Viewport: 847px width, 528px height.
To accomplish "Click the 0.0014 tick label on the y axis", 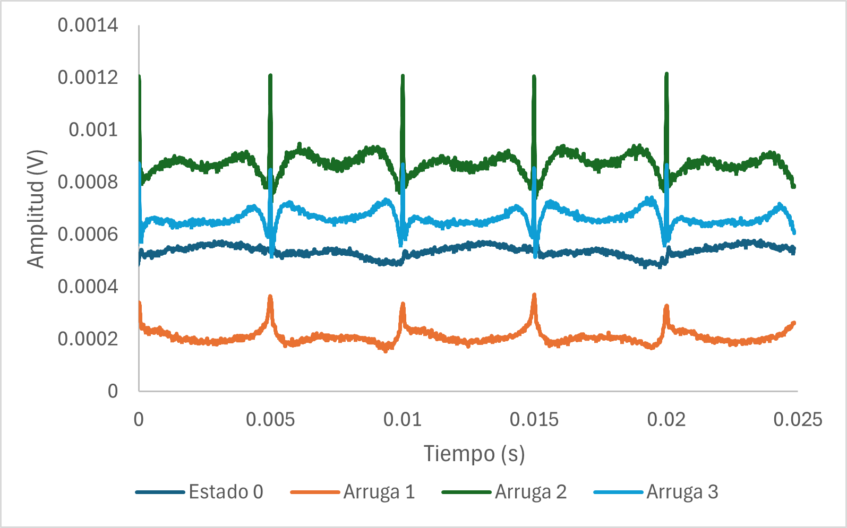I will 88,25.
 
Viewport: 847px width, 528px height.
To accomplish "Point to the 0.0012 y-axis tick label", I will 88,77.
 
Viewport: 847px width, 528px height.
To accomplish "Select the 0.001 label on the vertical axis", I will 93,129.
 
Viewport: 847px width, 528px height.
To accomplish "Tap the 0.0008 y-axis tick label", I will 88,182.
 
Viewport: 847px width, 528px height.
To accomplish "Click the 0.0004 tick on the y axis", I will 88,287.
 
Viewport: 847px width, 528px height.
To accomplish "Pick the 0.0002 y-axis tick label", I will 88,339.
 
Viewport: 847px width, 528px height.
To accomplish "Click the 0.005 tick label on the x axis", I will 270,420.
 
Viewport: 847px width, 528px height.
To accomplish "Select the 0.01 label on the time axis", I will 402,420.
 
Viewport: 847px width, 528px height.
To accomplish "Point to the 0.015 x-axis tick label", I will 534,420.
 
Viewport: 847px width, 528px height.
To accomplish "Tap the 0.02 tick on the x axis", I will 666,420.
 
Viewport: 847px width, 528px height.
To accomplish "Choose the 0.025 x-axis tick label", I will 798,420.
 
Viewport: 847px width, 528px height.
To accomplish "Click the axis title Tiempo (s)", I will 474,454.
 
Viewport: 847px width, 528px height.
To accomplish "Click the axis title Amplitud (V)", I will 36,209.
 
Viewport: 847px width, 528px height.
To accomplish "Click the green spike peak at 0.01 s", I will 403,76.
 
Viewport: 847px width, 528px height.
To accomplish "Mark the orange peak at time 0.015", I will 534,295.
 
